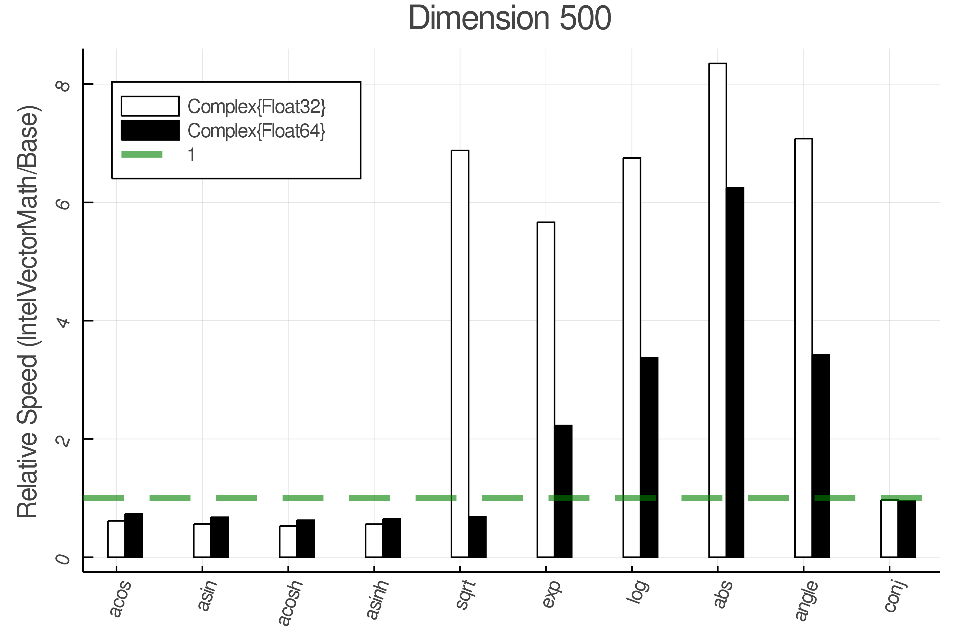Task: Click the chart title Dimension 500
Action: [510, 18]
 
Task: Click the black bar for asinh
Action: [391, 538]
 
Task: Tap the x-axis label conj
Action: [895, 597]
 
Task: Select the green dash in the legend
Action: [142, 154]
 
